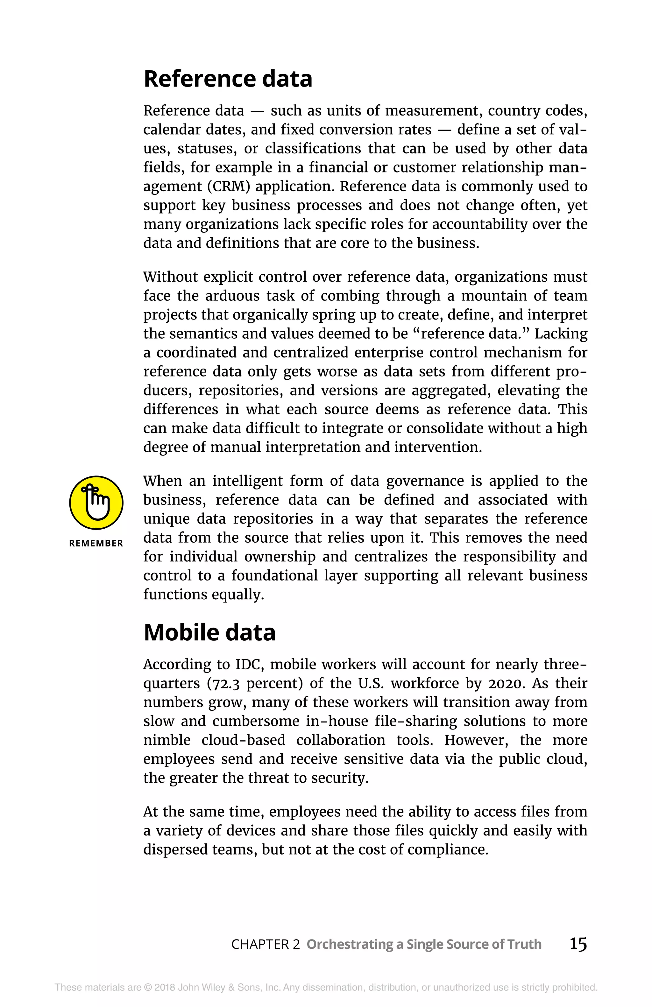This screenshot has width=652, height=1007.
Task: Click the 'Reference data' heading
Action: tap(228, 79)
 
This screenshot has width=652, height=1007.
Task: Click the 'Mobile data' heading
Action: tap(209, 633)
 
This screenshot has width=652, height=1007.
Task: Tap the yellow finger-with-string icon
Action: tap(96, 503)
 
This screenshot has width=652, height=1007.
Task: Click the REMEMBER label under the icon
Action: tap(96, 543)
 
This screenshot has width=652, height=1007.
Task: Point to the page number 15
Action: tap(578, 944)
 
